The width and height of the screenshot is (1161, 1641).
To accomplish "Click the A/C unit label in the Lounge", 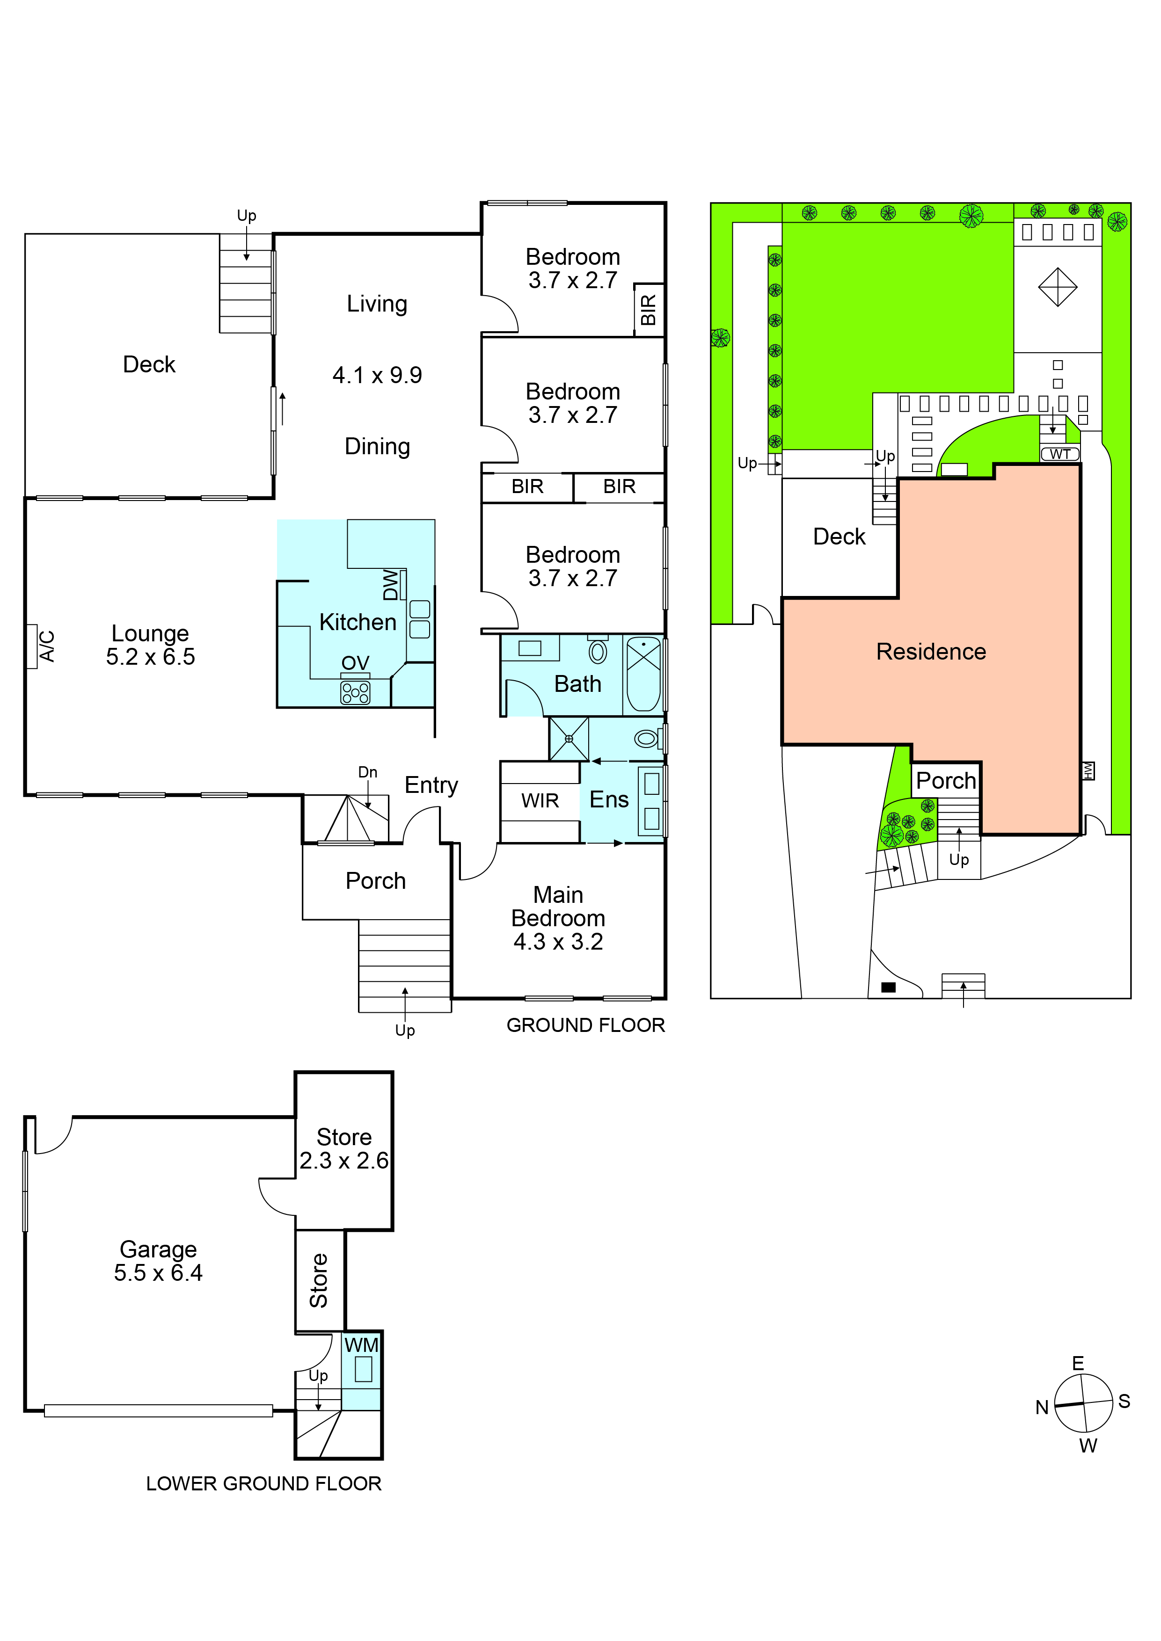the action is click(46, 646).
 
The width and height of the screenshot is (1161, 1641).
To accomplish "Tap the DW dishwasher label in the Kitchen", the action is click(390, 585).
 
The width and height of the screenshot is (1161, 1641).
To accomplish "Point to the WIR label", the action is click(540, 800).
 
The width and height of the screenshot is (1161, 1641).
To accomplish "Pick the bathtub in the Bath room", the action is click(644, 674).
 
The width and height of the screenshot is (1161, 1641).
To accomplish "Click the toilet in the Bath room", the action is click(598, 650).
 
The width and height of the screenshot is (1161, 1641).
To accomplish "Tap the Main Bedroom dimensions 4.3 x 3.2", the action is click(558, 941).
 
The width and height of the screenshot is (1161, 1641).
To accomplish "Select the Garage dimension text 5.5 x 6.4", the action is click(158, 1272).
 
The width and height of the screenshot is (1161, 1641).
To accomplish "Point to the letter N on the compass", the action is click(1042, 1407).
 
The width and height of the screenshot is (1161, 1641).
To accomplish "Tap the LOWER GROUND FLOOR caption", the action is click(264, 1484).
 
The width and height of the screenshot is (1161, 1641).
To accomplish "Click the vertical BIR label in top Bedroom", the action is click(648, 310).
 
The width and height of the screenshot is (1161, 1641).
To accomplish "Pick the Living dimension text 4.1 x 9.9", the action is click(378, 375).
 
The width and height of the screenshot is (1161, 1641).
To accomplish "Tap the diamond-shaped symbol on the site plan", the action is click(1057, 287).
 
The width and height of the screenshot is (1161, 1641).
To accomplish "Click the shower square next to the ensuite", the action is click(569, 738).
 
